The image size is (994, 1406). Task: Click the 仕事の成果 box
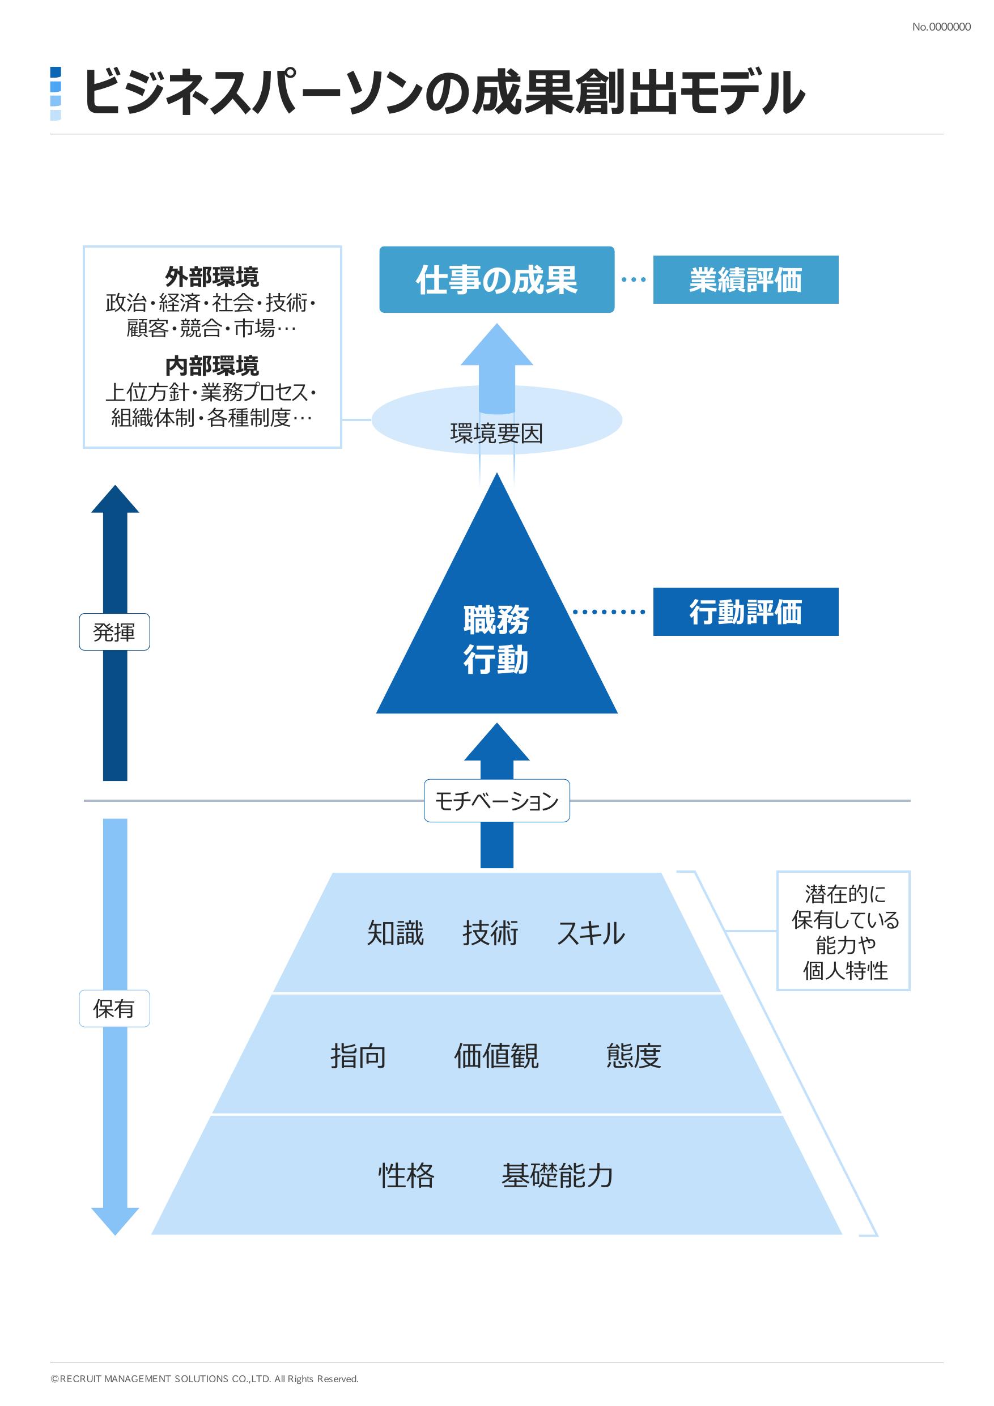[496, 280]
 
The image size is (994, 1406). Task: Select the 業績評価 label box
[745, 280]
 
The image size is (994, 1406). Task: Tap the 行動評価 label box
[745, 611]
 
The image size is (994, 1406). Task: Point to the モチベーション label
[496, 801]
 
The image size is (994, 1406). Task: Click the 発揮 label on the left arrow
[114, 632]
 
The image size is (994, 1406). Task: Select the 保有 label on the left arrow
[114, 1009]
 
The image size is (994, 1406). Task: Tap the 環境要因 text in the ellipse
[496, 434]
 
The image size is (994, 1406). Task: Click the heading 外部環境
[212, 277]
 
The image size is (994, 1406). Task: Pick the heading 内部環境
[212, 366]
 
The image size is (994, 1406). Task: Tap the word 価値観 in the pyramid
[496, 1056]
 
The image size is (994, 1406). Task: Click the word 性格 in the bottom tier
[406, 1176]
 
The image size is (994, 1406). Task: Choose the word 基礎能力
[557, 1176]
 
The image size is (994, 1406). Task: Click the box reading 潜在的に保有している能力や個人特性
[843, 932]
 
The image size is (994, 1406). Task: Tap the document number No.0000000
[941, 27]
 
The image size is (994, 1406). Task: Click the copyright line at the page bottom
[205, 1379]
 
